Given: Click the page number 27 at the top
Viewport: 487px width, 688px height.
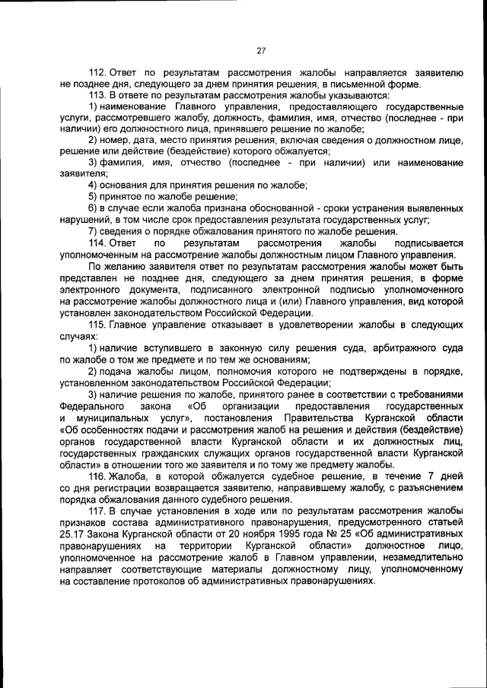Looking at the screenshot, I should click(x=260, y=51).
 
